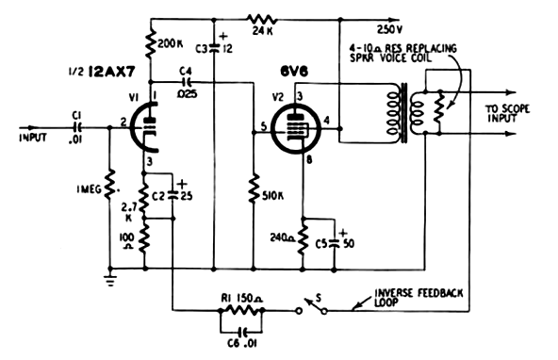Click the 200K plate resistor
click(x=150, y=42)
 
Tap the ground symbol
click(x=112, y=279)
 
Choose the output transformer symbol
click(x=401, y=113)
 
